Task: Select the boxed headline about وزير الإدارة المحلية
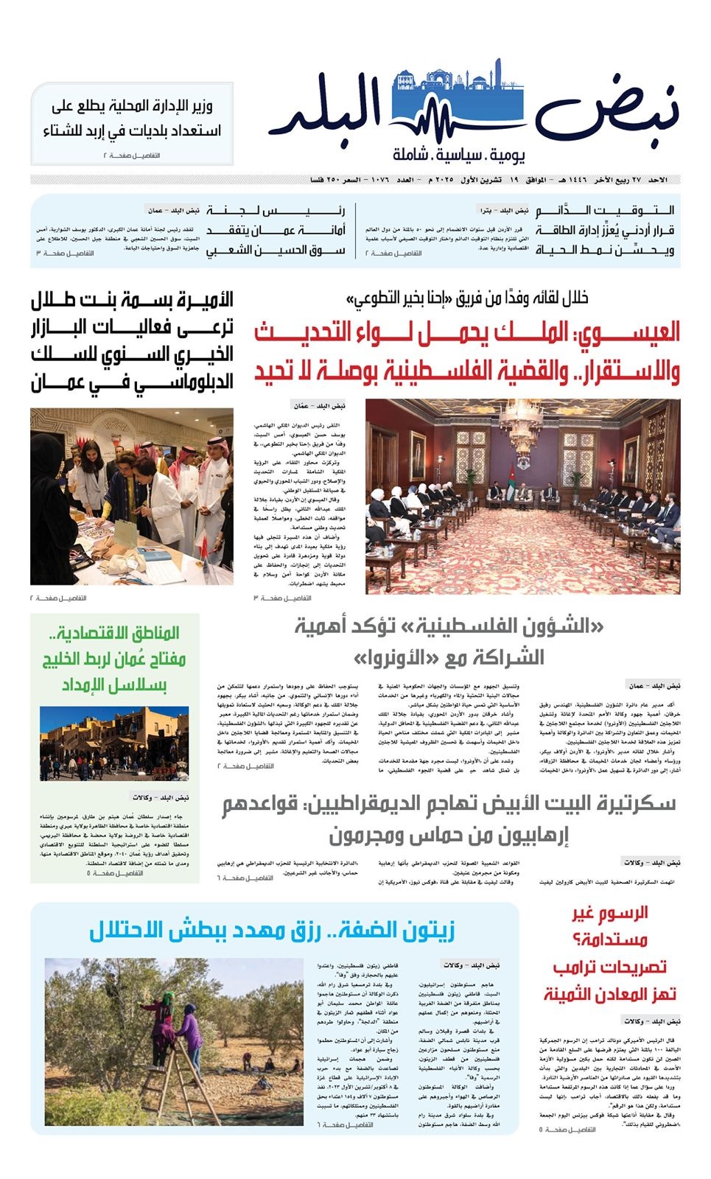[132, 119]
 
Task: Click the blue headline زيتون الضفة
[273, 930]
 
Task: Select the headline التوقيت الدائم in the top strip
[604, 211]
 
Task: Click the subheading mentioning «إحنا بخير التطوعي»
[468, 298]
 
